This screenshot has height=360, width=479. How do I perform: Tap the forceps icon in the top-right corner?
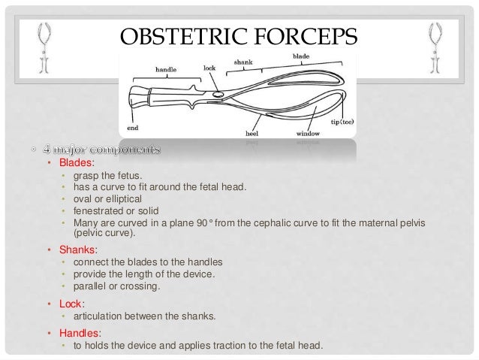pos(434,46)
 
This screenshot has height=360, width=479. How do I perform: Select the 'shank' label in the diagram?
pos(243,62)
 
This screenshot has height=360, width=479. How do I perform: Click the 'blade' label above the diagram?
pos(300,55)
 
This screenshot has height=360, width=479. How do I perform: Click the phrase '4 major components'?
pos(101,149)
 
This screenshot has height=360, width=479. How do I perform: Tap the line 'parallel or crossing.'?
pos(116,286)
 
